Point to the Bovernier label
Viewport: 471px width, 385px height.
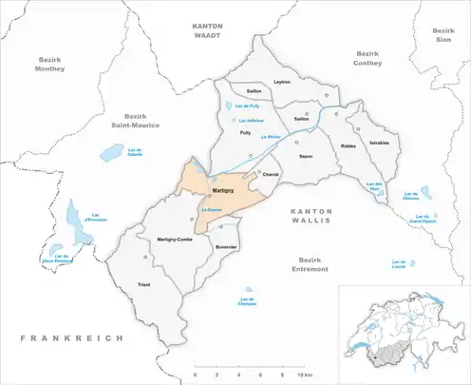pyautogui.click(x=226, y=247)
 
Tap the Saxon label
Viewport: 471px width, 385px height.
pyautogui.click(x=305, y=155)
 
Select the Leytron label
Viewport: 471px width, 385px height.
pyautogui.click(x=282, y=82)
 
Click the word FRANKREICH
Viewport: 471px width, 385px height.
pyautogui.click(x=60, y=337)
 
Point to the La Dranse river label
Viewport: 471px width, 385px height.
pyautogui.click(x=210, y=208)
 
